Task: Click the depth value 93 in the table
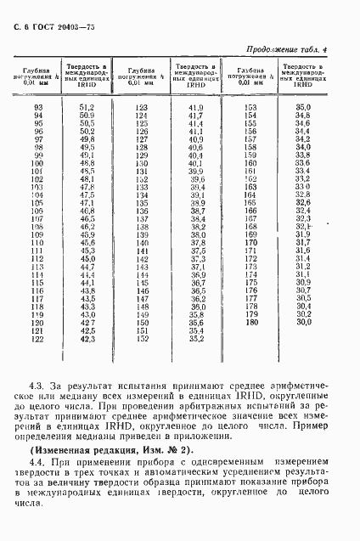(x=37, y=107)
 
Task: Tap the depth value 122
(x=37, y=339)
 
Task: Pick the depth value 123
(x=142, y=107)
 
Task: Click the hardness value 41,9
(x=196, y=107)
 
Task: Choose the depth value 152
(x=142, y=339)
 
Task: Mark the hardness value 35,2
(x=196, y=339)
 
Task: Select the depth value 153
(x=250, y=107)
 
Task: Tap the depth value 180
(x=250, y=323)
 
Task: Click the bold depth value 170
(x=250, y=243)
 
